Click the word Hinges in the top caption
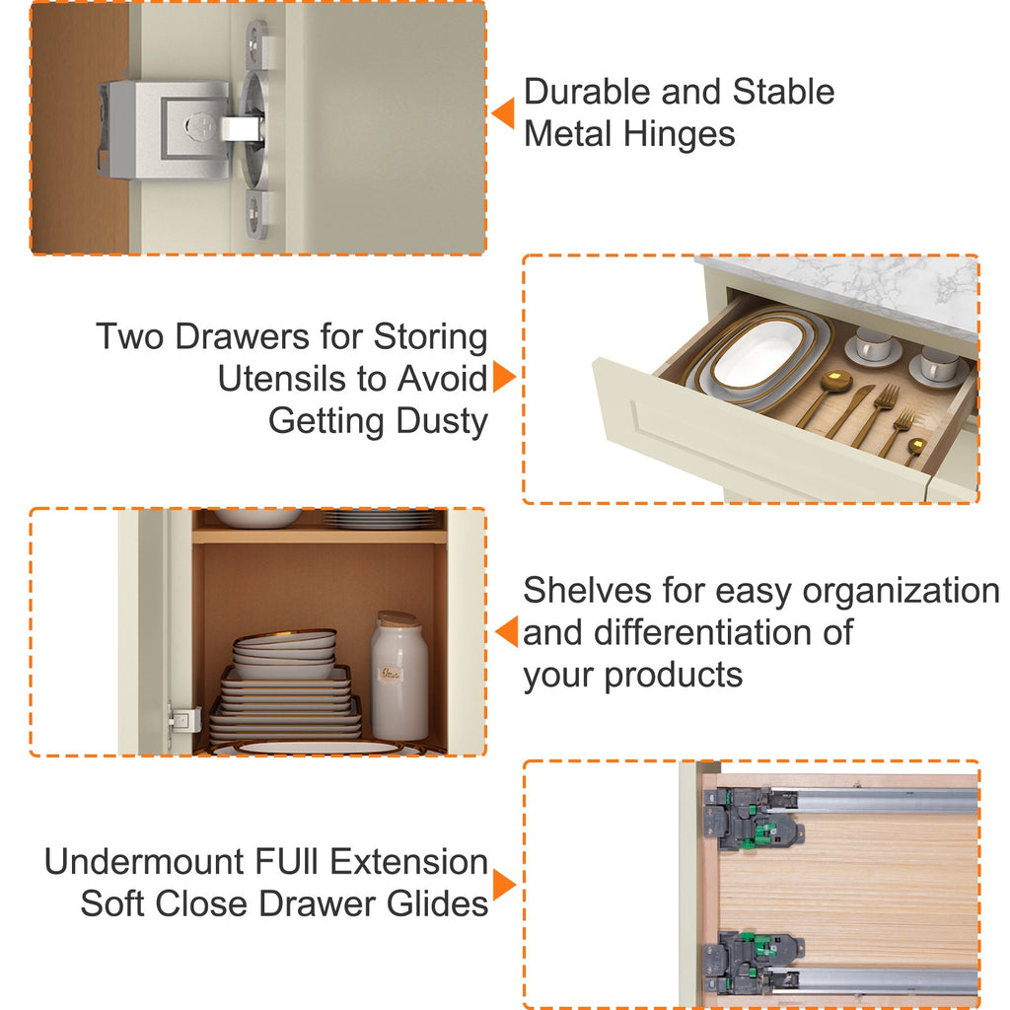[679, 135]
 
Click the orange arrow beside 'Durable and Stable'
[503, 113]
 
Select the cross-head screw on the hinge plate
[200, 125]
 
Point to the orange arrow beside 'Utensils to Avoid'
[504, 376]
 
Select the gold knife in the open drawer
[849, 411]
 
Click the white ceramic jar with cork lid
[398, 676]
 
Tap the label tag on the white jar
[391, 674]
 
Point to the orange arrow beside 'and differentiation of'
[506, 631]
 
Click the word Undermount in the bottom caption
[145, 862]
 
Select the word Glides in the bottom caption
[437, 903]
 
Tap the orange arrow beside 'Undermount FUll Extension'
[504, 884]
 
